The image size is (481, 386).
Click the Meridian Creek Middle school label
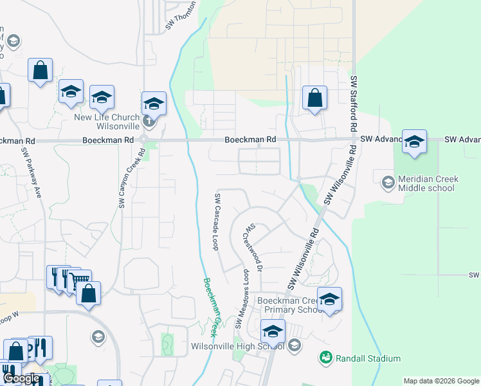click(426, 183)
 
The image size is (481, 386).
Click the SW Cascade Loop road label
click(218, 222)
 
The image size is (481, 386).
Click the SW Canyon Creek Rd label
click(122, 178)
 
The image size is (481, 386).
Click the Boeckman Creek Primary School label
click(289, 305)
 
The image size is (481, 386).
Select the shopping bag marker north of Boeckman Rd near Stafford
click(314, 99)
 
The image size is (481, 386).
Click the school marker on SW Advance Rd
click(414, 142)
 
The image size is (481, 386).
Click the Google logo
click(21, 379)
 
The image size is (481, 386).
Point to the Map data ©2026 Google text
click(441, 381)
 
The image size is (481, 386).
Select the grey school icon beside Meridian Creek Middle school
click(388, 182)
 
